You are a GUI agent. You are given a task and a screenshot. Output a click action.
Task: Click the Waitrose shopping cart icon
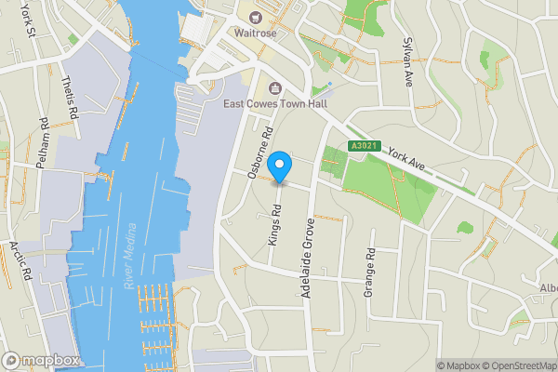point(249,14)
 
